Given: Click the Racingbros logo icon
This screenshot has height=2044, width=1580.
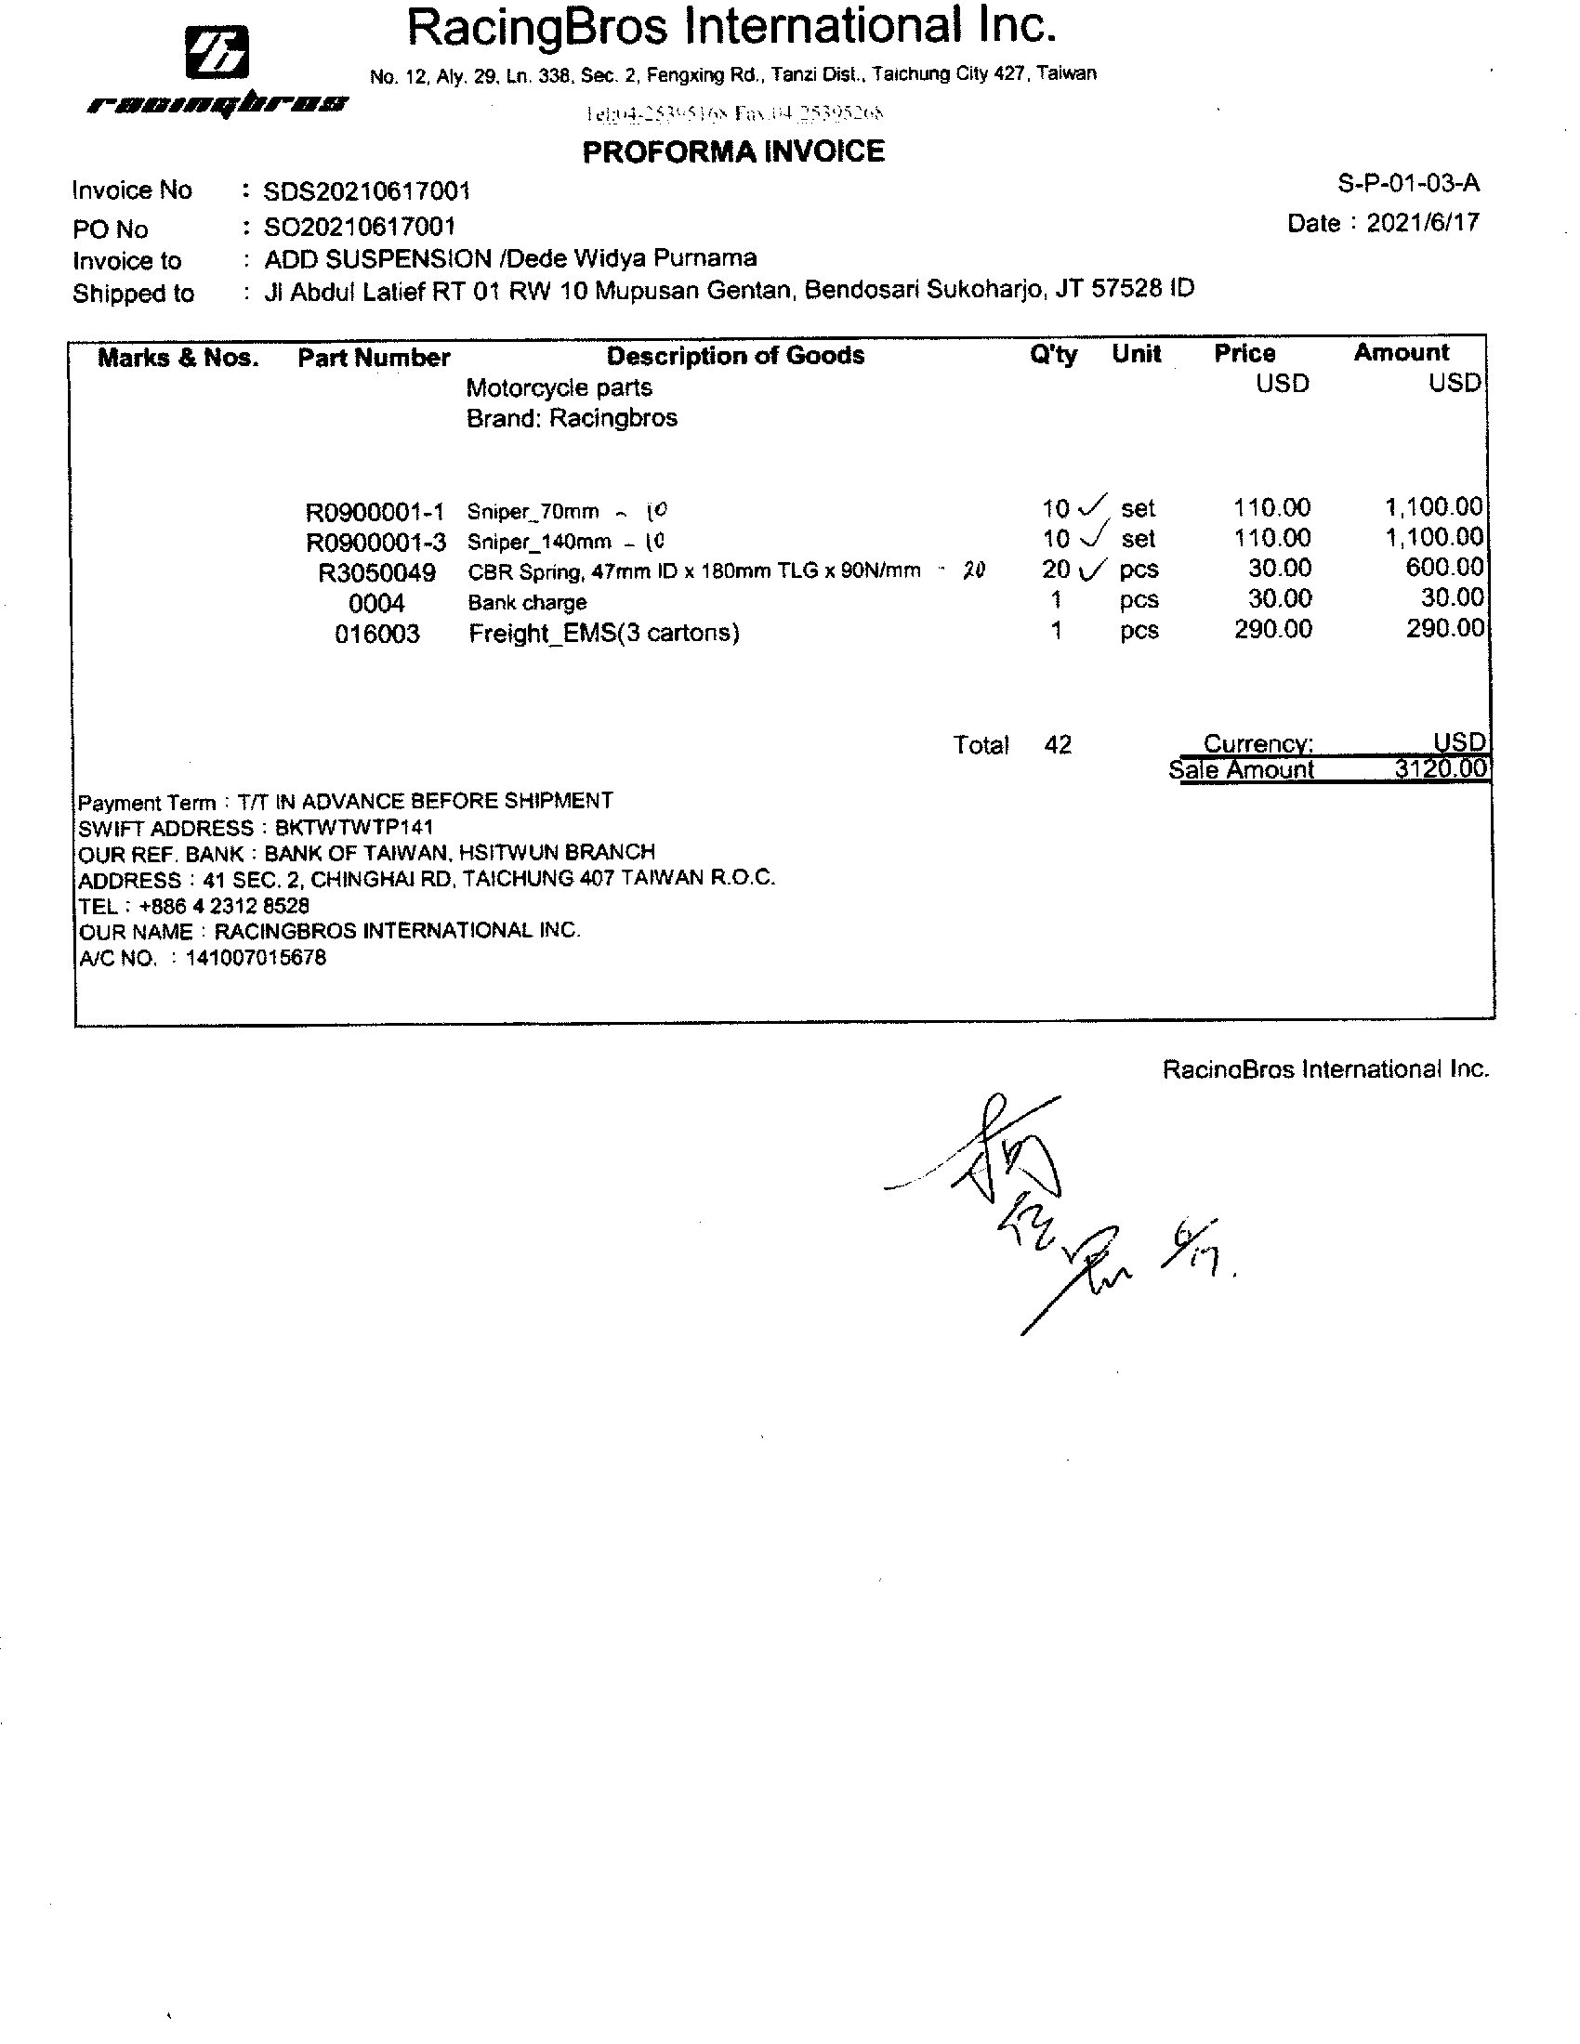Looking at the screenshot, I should tap(217, 52).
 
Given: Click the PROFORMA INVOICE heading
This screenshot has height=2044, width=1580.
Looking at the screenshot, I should tap(733, 151).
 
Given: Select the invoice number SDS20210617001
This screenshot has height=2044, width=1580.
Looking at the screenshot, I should tap(366, 192).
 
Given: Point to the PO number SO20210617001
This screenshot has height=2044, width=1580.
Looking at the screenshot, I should tap(360, 227).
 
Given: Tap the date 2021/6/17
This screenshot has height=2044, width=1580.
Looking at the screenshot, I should tap(1423, 223).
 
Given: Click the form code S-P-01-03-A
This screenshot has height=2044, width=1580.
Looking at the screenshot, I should tap(1409, 183).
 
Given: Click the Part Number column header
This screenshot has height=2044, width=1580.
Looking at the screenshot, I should tap(374, 358).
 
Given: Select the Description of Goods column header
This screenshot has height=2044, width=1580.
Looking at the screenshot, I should tap(735, 356).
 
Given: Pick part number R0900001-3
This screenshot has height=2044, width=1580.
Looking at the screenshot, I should tap(375, 542).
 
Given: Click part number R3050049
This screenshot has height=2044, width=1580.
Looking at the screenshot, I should tap(376, 572).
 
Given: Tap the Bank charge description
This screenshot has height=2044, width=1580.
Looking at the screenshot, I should tap(527, 603).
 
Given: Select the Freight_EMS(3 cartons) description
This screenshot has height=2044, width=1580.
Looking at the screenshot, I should tap(604, 634).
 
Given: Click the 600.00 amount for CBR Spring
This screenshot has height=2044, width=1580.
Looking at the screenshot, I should tap(1444, 567).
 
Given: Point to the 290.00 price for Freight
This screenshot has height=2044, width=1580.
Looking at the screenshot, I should tap(1272, 629).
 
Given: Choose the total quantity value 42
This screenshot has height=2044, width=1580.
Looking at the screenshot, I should tap(1058, 745).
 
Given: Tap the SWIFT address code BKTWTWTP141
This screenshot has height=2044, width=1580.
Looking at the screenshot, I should tap(354, 828).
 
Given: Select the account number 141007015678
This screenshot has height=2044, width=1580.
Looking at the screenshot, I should tap(256, 957).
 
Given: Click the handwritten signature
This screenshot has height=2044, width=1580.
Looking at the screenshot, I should tap(1039, 1207).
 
